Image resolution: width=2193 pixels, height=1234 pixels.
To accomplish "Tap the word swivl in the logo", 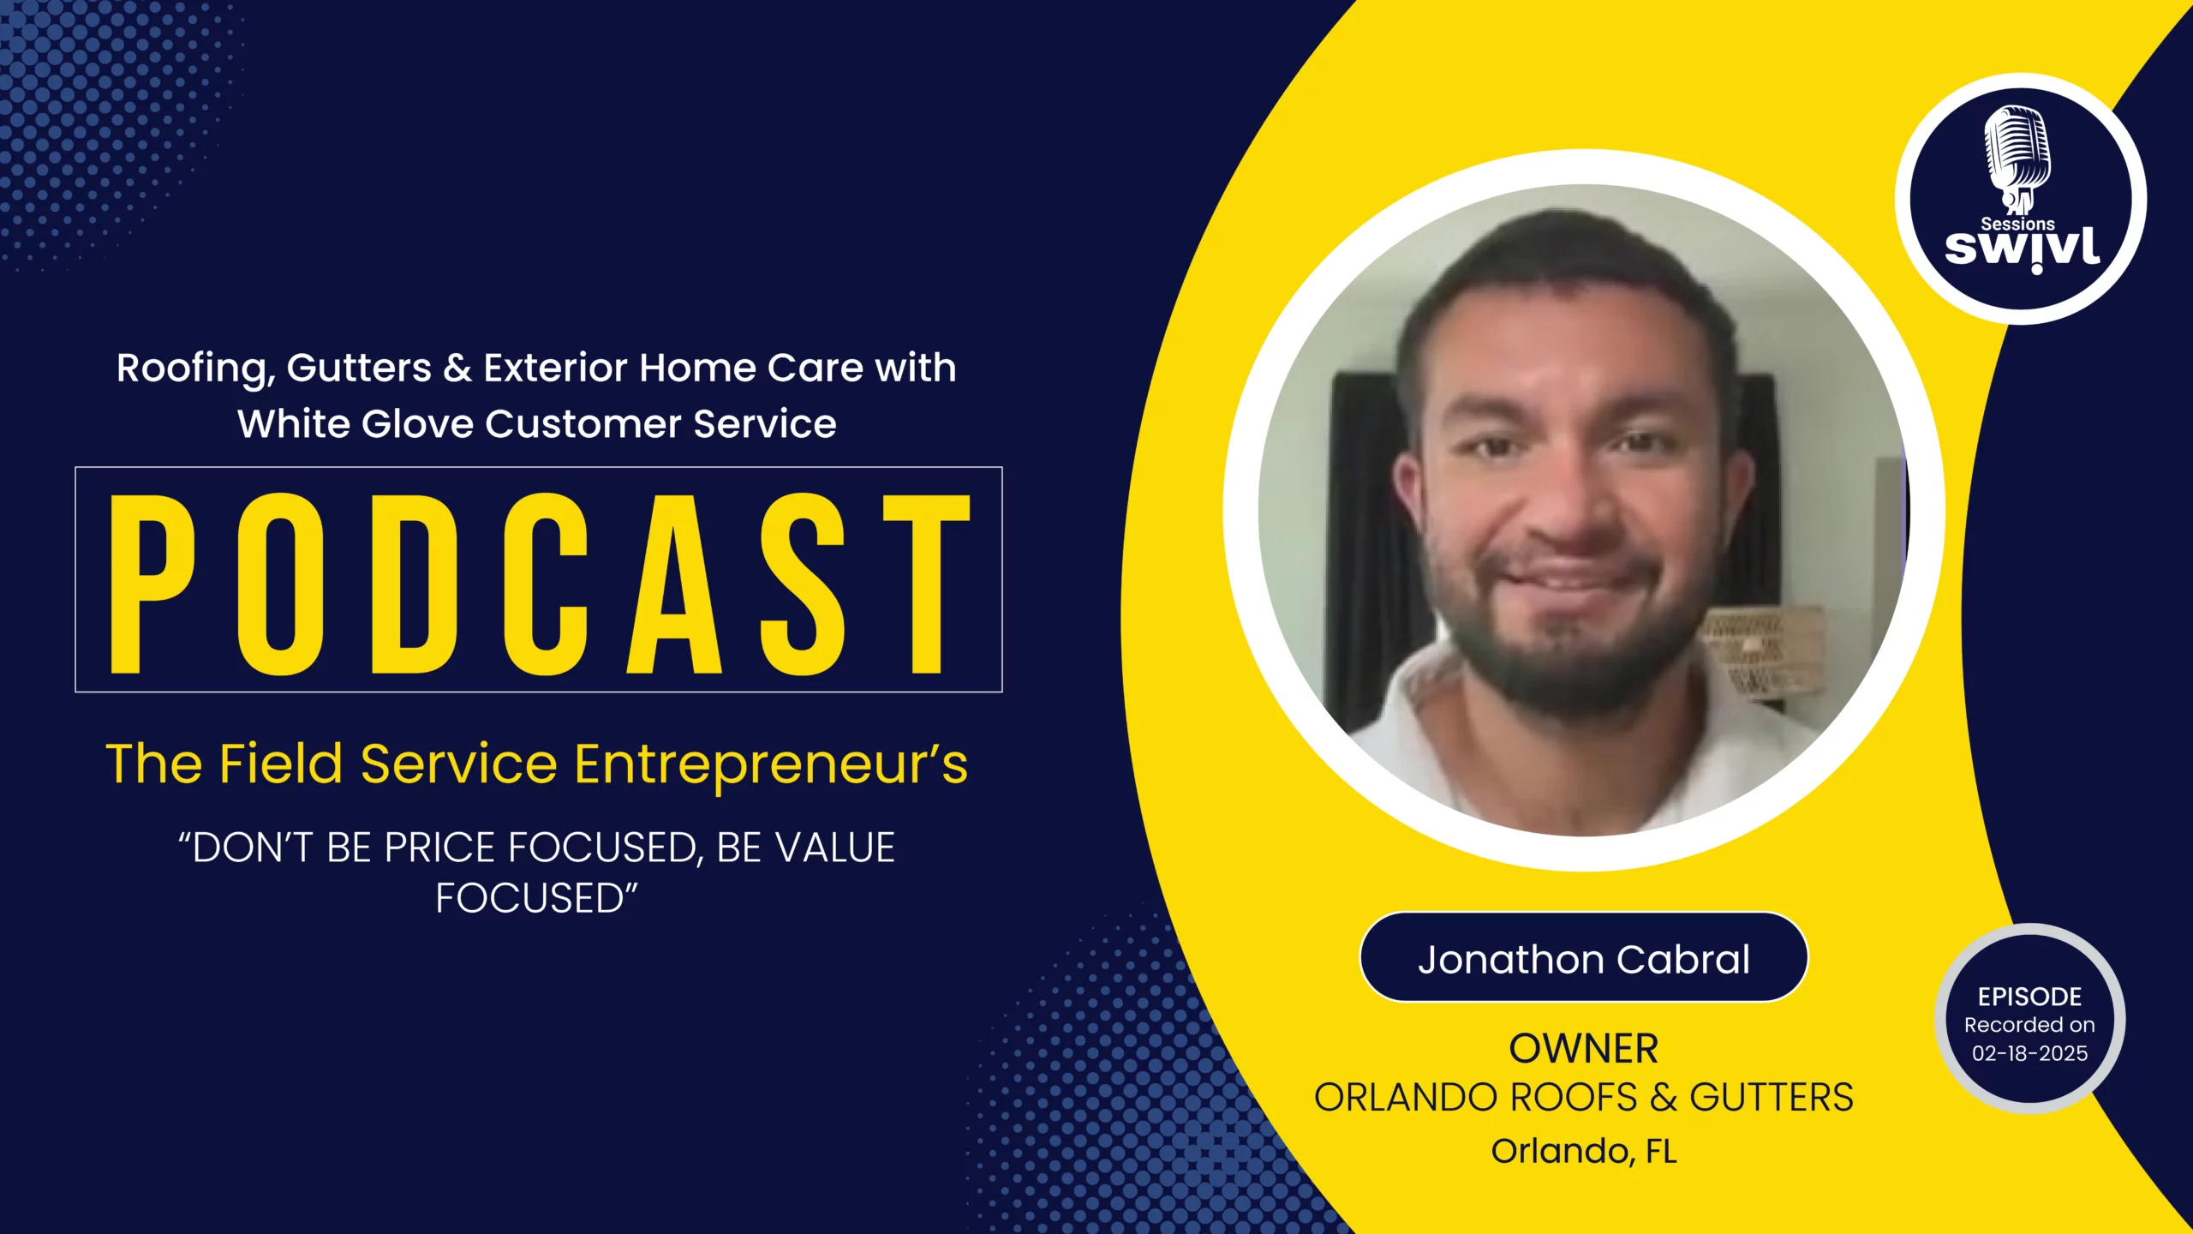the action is pyautogui.click(x=2022, y=249).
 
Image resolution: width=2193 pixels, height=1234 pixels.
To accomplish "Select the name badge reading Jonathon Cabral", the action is pyautogui.click(x=1584, y=957).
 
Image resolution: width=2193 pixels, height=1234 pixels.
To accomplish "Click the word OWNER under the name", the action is pyautogui.click(x=1584, y=1049).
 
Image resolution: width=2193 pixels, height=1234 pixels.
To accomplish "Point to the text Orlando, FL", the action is pyautogui.click(x=1584, y=1151).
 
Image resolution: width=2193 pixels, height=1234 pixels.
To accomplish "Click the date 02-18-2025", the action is pyautogui.click(x=2030, y=1053).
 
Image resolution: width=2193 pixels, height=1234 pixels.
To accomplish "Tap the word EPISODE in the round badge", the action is pyautogui.click(x=2030, y=997).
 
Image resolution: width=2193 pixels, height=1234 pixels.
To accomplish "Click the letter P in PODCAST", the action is pyautogui.click(x=153, y=584).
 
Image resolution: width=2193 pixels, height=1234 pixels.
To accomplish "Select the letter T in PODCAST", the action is pyautogui.click(x=927, y=584).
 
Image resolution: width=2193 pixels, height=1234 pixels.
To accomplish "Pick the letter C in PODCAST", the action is pyautogui.click(x=546, y=584).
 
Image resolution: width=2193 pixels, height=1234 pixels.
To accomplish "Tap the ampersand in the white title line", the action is pyautogui.click(x=457, y=368).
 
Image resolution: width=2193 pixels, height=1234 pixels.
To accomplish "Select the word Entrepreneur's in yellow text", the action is pyautogui.click(x=771, y=765).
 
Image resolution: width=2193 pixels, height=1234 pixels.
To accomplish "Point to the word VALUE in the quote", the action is pyautogui.click(x=835, y=848).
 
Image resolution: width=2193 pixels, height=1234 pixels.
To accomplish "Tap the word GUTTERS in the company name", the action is pyautogui.click(x=1772, y=1098).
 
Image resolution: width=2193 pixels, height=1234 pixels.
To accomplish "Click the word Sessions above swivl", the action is pyautogui.click(x=2017, y=224).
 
